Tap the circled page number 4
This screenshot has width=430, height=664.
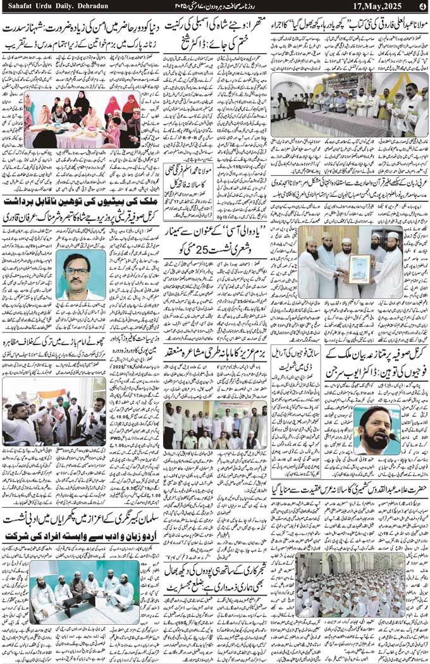tap(422, 6)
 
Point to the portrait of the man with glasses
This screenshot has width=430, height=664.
tap(80, 275)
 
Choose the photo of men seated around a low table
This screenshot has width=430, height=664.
tap(84, 592)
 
